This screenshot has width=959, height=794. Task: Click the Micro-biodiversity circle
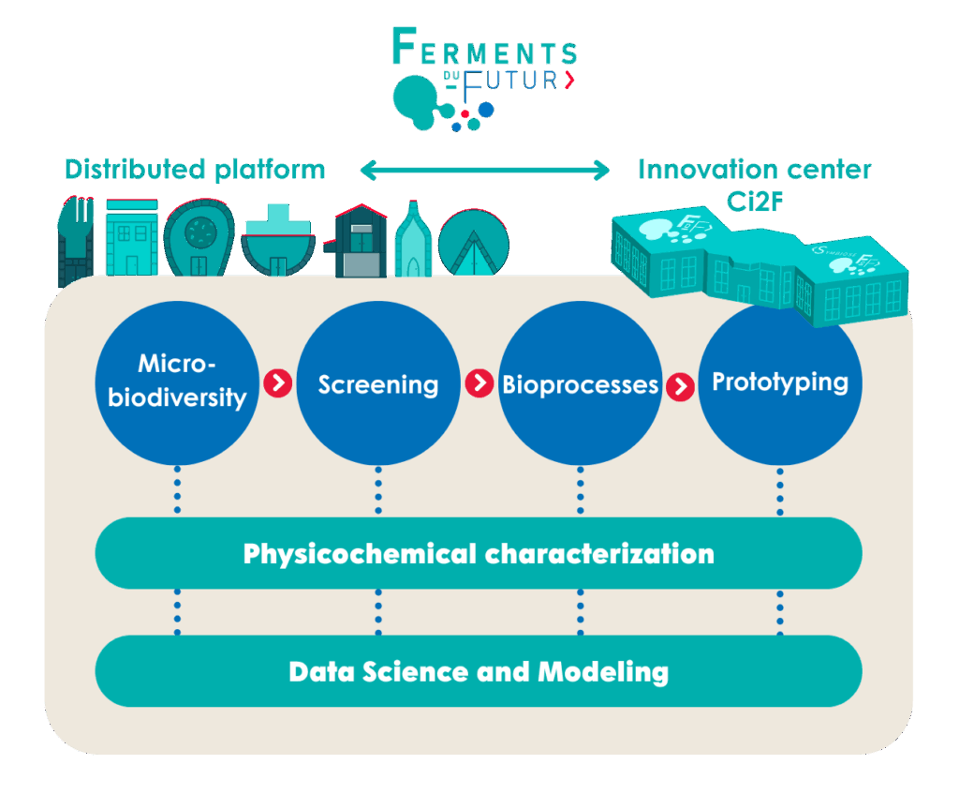pos(177,382)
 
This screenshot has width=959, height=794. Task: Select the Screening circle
pos(378,382)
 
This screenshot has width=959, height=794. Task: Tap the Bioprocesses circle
pos(581,382)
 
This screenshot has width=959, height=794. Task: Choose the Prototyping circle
pos(780,382)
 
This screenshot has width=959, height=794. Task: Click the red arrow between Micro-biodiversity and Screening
pos(277,382)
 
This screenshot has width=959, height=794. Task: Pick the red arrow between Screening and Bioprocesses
pos(479,382)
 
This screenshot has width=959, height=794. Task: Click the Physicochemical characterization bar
pos(479,553)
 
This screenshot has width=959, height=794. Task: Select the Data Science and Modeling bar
pos(479,671)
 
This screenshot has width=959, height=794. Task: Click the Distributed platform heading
pos(194,170)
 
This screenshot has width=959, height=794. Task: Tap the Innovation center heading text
pos(754,170)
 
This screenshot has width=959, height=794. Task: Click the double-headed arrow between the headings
pos(484,171)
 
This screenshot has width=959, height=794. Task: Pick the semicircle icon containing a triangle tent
pos(474,242)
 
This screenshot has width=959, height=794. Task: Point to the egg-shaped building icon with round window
pos(198,239)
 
